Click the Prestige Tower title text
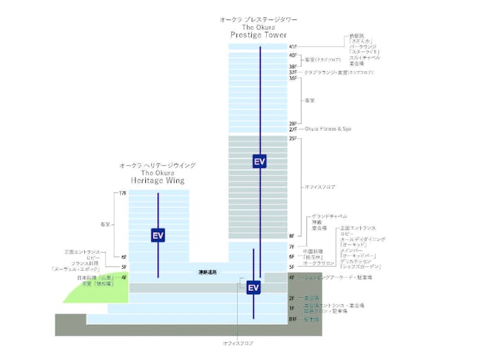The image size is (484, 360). [259, 35]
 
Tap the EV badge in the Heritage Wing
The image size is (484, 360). [158, 236]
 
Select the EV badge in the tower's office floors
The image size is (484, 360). [259, 162]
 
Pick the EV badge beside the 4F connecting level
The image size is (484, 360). [253, 287]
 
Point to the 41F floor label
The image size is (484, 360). [293, 47]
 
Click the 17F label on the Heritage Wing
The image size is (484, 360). [123, 193]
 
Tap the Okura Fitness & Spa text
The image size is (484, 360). [328, 129]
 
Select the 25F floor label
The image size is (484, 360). [293, 138]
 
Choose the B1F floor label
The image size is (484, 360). [293, 319]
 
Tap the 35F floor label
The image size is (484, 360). [293, 79]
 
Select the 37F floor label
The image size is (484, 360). [293, 73]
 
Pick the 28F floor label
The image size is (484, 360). [293, 123]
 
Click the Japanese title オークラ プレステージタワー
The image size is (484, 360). [259, 20]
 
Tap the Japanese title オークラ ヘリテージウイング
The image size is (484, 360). [158, 165]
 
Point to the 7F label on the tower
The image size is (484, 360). [292, 247]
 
